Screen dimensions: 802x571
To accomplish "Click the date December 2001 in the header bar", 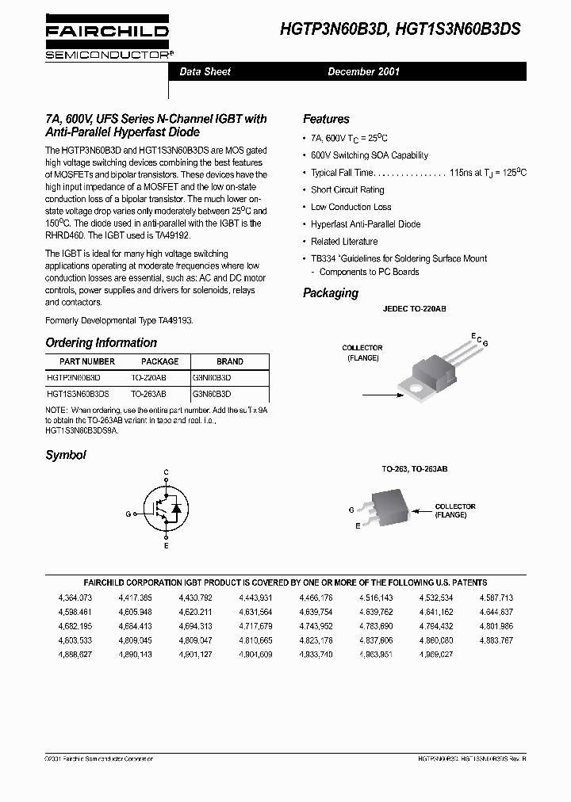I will [x=363, y=72].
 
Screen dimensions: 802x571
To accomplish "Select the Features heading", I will [x=326, y=119].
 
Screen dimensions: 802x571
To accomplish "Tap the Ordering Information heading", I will [x=101, y=343].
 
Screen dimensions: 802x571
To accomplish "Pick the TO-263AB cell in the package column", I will [x=148, y=393].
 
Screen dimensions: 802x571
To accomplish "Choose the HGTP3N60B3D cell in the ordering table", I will [x=74, y=378].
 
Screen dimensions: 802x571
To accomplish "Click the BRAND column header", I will [x=229, y=361].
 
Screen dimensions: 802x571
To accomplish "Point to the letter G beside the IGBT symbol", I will [x=127, y=514].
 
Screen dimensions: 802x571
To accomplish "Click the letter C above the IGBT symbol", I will [x=166, y=472].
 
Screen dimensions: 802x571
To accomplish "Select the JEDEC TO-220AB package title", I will [x=414, y=308].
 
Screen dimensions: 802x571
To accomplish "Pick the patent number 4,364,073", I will [x=75, y=597].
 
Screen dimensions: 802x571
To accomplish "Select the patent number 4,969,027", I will [x=436, y=654].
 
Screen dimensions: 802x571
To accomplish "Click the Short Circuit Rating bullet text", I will [x=347, y=190].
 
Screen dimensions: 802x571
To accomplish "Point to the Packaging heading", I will [x=331, y=293].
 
